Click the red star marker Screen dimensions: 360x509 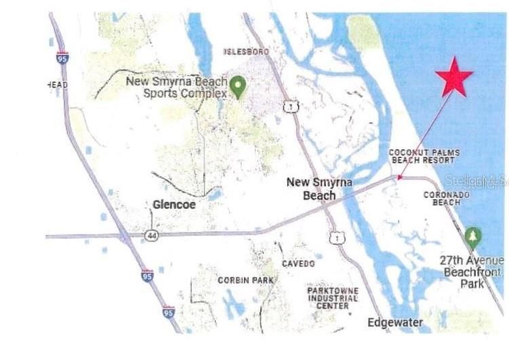[x=454, y=77]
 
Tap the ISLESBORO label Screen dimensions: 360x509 [x=247, y=52]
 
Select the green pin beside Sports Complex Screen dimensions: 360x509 [x=237, y=86]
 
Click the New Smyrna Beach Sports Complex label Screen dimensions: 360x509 [x=176, y=87]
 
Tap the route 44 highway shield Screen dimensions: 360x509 [x=152, y=235]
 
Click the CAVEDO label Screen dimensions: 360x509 [x=298, y=263]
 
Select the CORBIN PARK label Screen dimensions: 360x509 [x=245, y=279]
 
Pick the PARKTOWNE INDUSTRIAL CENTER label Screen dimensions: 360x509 [x=332, y=298]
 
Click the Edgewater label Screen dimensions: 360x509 [x=395, y=322]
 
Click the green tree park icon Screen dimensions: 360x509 [x=473, y=237]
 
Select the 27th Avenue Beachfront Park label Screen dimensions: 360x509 [x=472, y=272]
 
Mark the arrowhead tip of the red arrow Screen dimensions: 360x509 [x=398, y=180]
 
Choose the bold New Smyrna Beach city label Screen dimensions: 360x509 [x=310, y=188]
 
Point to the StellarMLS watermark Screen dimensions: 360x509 [x=476, y=181]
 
